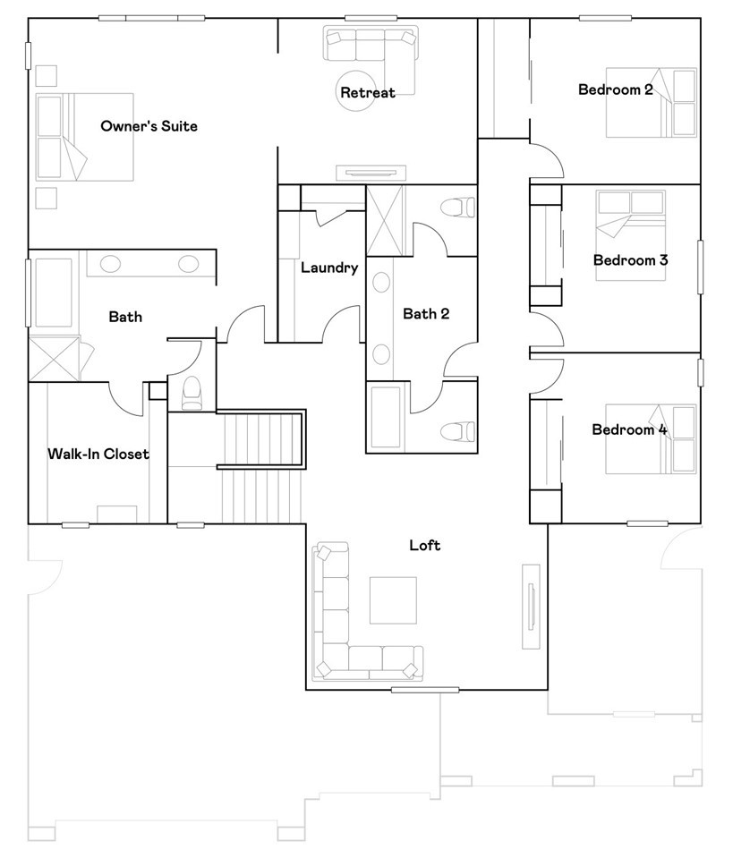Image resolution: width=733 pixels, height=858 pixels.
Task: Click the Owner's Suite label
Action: [x=149, y=126]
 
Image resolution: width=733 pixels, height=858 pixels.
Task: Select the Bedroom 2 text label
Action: [x=615, y=89]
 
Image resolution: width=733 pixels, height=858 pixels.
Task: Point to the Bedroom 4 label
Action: [x=629, y=429]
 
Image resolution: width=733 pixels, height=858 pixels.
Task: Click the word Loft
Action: [x=424, y=545]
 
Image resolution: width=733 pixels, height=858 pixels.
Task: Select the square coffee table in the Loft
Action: [x=393, y=599]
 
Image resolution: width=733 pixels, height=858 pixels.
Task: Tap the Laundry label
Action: [x=329, y=268]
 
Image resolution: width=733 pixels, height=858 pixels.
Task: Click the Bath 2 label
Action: [x=426, y=313]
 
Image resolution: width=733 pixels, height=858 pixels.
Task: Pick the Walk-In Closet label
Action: [x=98, y=454]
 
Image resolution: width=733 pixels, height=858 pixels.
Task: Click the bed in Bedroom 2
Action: [x=652, y=103]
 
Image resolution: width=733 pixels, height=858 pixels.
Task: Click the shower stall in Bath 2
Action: [x=386, y=220]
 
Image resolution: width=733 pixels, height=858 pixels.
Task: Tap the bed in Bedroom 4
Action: [x=651, y=439]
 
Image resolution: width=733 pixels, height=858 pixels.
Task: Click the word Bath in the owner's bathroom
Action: [x=125, y=317]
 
